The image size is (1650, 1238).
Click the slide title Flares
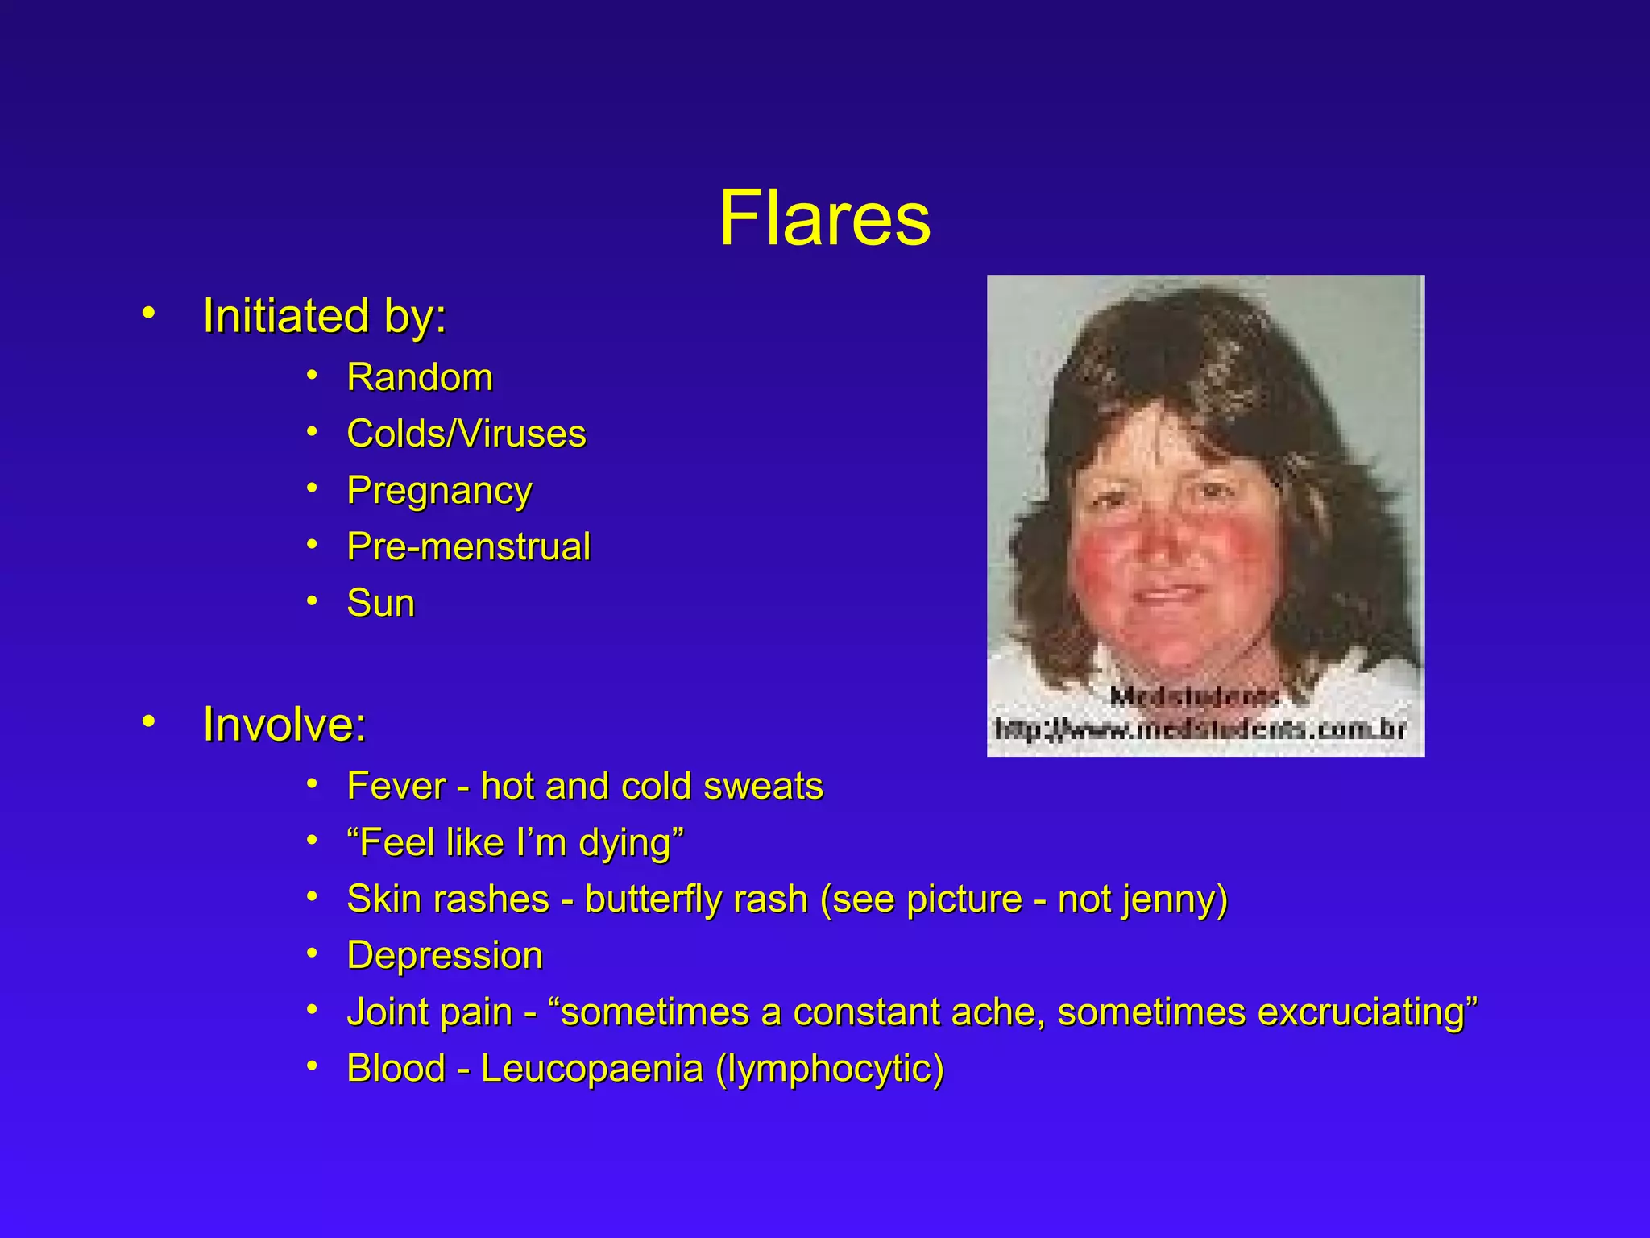[824, 218]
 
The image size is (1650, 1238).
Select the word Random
[420, 377]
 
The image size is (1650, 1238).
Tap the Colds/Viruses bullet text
[466, 434]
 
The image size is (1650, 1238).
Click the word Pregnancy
[439, 491]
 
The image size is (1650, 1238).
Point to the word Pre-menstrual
[469, 546]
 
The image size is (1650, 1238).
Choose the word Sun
[380, 603]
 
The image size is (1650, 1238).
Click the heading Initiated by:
[324, 315]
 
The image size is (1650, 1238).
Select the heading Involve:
[284, 724]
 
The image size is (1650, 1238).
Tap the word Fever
[396, 786]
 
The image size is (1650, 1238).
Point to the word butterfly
[695, 899]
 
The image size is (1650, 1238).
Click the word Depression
[445, 956]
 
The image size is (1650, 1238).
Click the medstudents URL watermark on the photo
[1200, 729]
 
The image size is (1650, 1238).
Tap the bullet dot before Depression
[313, 953]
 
